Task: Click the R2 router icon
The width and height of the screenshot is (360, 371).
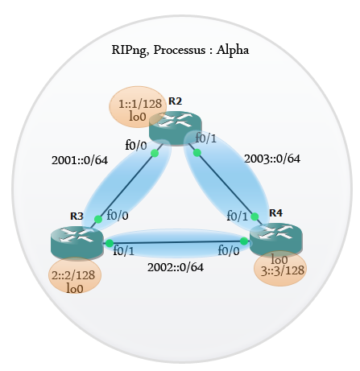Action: click(175, 128)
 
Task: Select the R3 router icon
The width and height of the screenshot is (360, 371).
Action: click(77, 243)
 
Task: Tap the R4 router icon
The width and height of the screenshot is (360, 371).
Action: click(276, 240)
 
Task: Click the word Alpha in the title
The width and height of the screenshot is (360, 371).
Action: click(233, 50)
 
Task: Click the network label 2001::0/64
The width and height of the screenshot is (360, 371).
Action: click(80, 160)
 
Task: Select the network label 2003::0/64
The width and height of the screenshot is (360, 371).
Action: click(272, 159)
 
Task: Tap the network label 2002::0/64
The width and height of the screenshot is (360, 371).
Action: click(176, 267)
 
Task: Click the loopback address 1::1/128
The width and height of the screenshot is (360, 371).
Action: click(140, 104)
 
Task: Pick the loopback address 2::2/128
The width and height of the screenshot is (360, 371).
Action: click(73, 275)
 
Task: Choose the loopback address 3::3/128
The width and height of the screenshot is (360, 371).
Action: click(283, 270)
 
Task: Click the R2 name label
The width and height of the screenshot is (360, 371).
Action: click(175, 101)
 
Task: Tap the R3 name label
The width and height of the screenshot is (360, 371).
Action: click(77, 216)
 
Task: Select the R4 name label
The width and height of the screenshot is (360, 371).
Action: click(275, 212)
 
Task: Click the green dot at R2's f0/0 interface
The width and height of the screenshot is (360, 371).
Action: click(155, 153)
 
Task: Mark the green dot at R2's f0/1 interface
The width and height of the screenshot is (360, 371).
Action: click(197, 153)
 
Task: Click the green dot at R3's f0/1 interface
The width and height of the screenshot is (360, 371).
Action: click(110, 243)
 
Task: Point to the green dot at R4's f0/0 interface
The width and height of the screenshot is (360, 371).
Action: click(244, 241)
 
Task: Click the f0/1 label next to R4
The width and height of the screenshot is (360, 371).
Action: click(237, 216)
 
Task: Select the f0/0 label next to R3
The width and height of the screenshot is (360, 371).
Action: click(118, 215)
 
